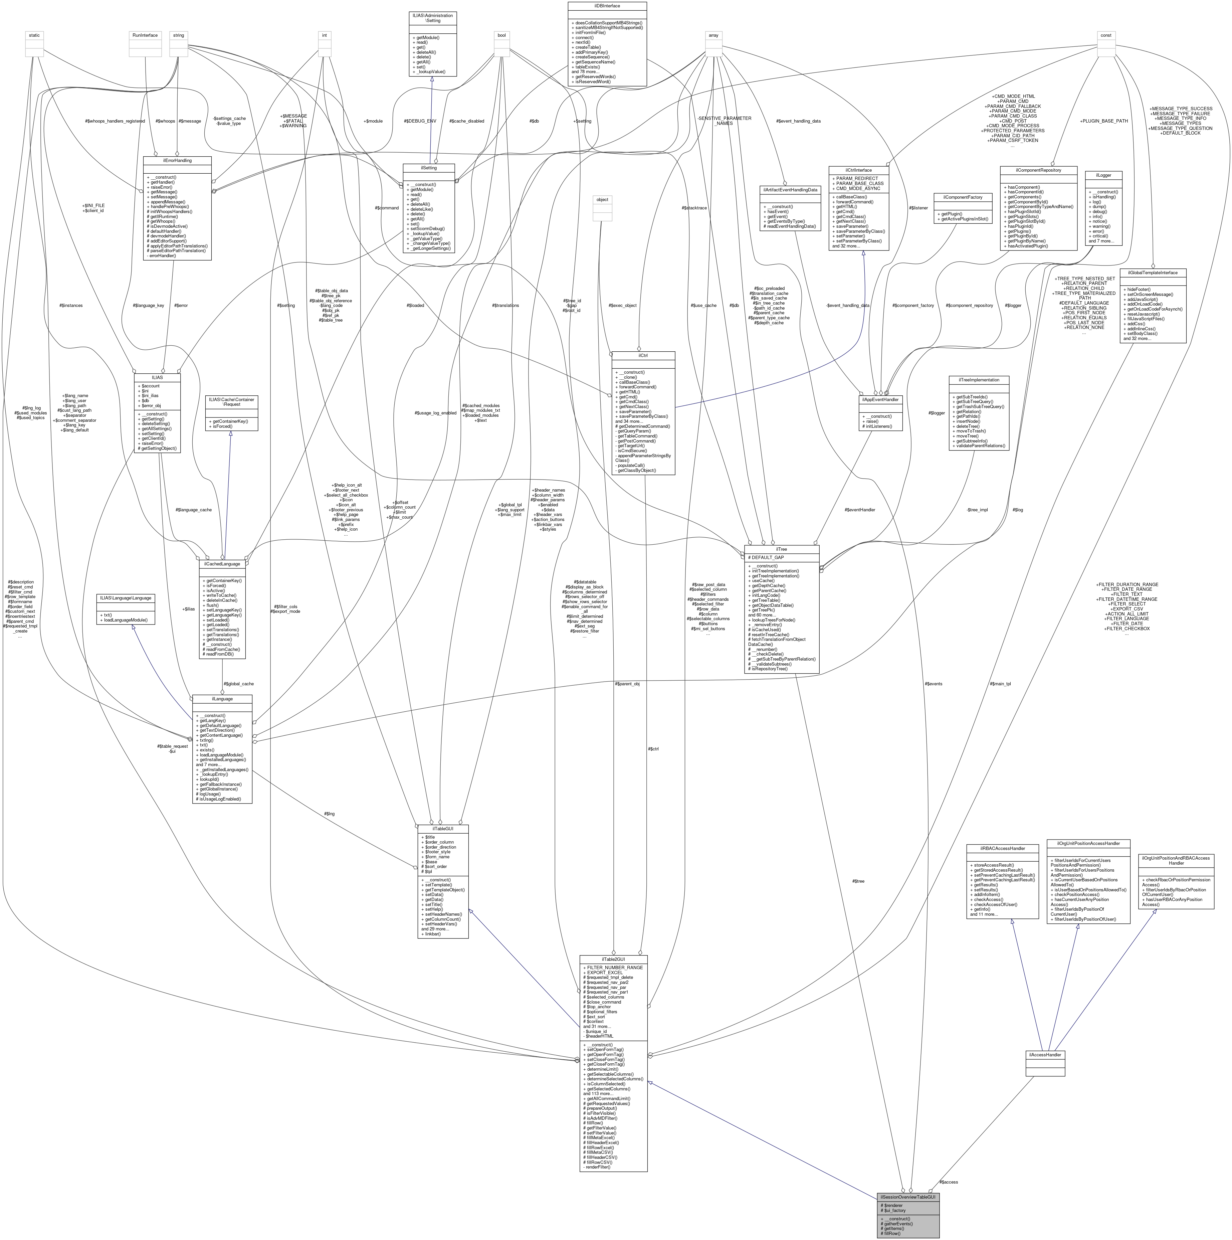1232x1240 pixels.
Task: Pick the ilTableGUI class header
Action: tap(443, 829)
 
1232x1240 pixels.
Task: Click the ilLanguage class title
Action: tap(222, 698)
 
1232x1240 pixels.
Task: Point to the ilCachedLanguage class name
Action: tap(222, 563)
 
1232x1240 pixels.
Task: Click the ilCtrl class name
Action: tap(643, 355)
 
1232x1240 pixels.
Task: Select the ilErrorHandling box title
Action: tap(177, 160)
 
